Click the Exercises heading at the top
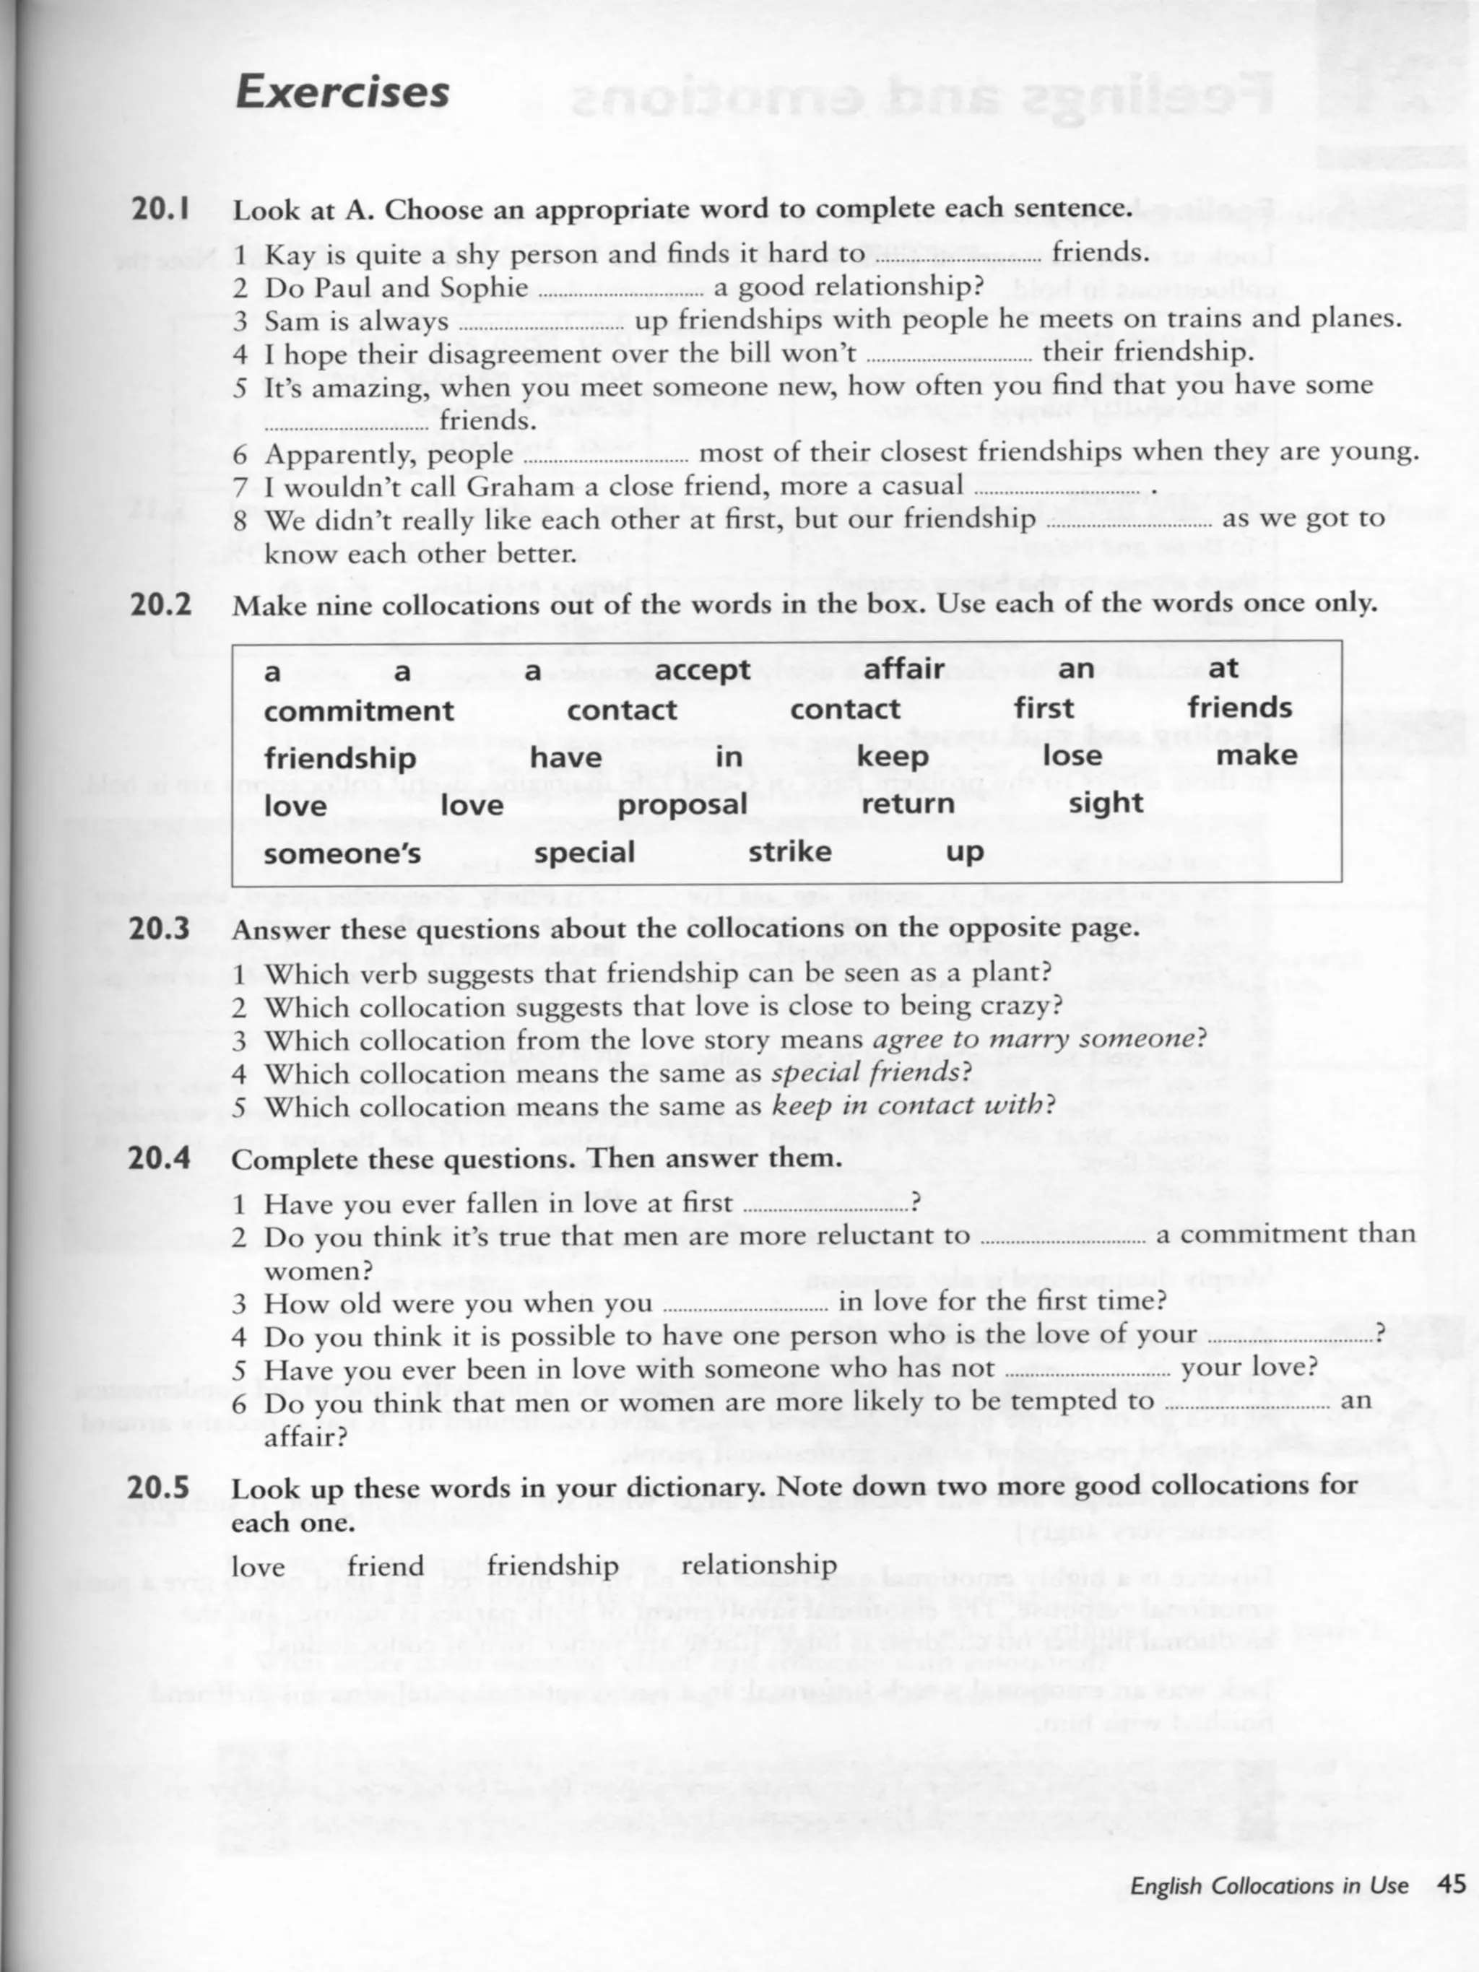(342, 92)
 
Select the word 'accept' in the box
(703, 669)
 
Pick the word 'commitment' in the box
(359, 711)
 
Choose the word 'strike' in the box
(790, 851)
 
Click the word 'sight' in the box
(1106, 802)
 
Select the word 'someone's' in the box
(342, 853)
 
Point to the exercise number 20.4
(160, 1159)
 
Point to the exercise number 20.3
(160, 929)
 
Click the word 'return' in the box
(908, 804)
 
